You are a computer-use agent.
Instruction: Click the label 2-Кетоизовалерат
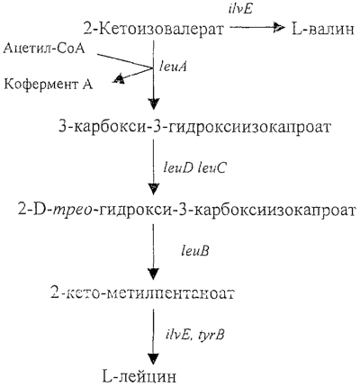[x=153, y=30]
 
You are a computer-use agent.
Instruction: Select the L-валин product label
[x=323, y=30]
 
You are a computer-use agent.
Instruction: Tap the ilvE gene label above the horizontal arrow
[x=241, y=10]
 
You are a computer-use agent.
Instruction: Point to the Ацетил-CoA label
[x=44, y=49]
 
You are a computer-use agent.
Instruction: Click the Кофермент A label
[x=49, y=85]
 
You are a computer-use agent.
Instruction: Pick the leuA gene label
[x=173, y=67]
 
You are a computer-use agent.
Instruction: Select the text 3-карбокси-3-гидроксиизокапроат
[x=195, y=127]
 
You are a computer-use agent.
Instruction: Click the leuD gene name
[x=178, y=168]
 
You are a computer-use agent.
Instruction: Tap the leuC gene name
[x=211, y=168]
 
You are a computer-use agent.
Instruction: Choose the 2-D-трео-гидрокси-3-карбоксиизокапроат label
[x=187, y=210]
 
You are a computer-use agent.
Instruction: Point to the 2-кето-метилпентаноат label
[x=142, y=292]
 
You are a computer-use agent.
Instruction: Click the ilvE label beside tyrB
[x=179, y=334]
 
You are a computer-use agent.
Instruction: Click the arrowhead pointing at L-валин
[x=279, y=28]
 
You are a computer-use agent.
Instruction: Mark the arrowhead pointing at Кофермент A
[x=119, y=78]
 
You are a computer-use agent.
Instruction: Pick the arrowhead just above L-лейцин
[x=154, y=359]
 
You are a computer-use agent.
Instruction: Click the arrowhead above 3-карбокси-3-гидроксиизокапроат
[x=154, y=103]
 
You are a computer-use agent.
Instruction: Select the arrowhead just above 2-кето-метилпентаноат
[x=154, y=274]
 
